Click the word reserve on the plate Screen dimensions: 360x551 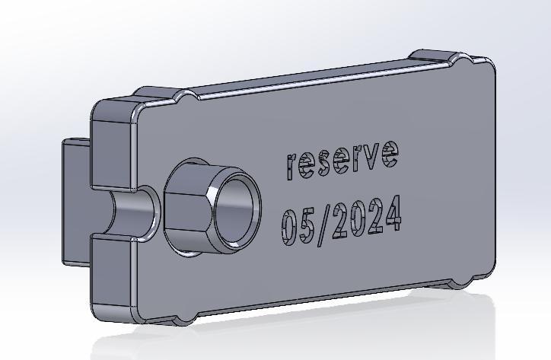click(342, 158)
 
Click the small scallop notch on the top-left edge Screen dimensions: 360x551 click(184, 100)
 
